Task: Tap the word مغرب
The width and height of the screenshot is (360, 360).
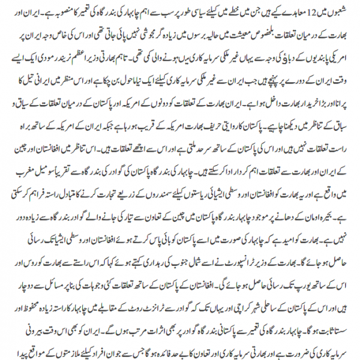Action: click(22, 178)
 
